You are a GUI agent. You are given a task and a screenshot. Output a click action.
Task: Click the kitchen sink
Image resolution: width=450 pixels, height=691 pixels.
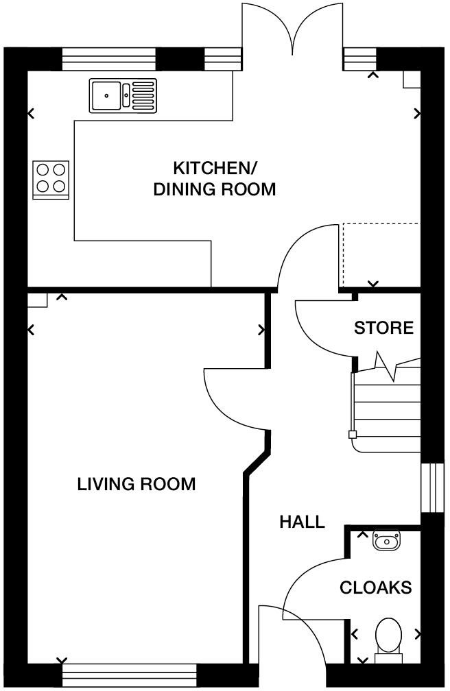tap(123, 95)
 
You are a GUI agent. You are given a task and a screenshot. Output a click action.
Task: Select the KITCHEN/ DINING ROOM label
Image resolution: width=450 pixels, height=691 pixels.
tap(214, 178)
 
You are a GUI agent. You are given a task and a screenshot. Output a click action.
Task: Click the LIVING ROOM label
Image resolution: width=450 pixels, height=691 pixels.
tap(137, 485)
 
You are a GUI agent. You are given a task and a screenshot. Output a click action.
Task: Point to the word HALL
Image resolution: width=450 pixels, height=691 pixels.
tap(302, 522)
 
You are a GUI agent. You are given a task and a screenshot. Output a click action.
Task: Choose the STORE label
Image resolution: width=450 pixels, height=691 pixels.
tap(383, 328)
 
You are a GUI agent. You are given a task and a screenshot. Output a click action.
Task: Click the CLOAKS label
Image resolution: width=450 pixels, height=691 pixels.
tap(376, 587)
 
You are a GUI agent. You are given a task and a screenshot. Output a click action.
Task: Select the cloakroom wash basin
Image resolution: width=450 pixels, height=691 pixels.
tap(386, 542)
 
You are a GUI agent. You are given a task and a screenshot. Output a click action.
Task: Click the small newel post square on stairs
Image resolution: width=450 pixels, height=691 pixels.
tap(353, 434)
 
